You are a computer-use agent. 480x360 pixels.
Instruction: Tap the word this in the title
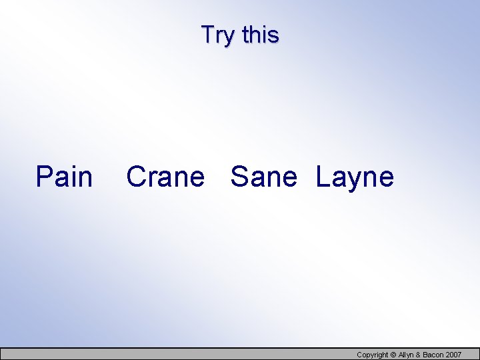pyautogui.click(x=260, y=35)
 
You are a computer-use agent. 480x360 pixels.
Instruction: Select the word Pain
pyautogui.click(x=64, y=177)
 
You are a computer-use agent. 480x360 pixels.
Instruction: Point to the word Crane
pyautogui.click(x=165, y=177)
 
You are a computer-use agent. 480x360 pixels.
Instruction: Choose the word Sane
pyautogui.click(x=263, y=177)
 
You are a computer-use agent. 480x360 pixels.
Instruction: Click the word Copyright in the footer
pyautogui.click(x=372, y=355)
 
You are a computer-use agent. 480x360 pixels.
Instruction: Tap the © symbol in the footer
pyautogui.click(x=393, y=355)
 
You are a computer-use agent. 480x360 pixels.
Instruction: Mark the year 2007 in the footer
pyautogui.click(x=454, y=355)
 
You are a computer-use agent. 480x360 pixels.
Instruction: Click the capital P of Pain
pyautogui.click(x=43, y=177)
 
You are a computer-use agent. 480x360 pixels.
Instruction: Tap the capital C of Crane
pyautogui.click(x=136, y=177)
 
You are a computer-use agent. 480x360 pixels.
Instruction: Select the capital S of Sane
pyautogui.click(x=240, y=177)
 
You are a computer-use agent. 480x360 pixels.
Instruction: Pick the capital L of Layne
pyautogui.click(x=323, y=177)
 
